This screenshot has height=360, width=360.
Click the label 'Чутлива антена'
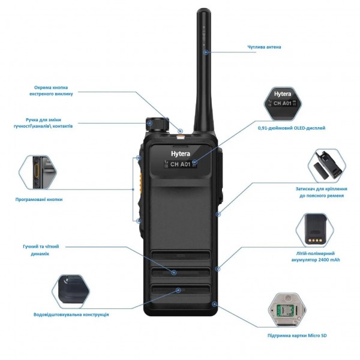[264, 47]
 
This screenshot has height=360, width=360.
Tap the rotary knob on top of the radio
[159, 123]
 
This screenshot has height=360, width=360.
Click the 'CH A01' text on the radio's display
[180, 164]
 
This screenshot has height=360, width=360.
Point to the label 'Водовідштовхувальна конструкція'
[71, 314]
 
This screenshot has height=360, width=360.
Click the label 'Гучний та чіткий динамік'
[41, 250]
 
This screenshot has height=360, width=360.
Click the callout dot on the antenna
[205, 52]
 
